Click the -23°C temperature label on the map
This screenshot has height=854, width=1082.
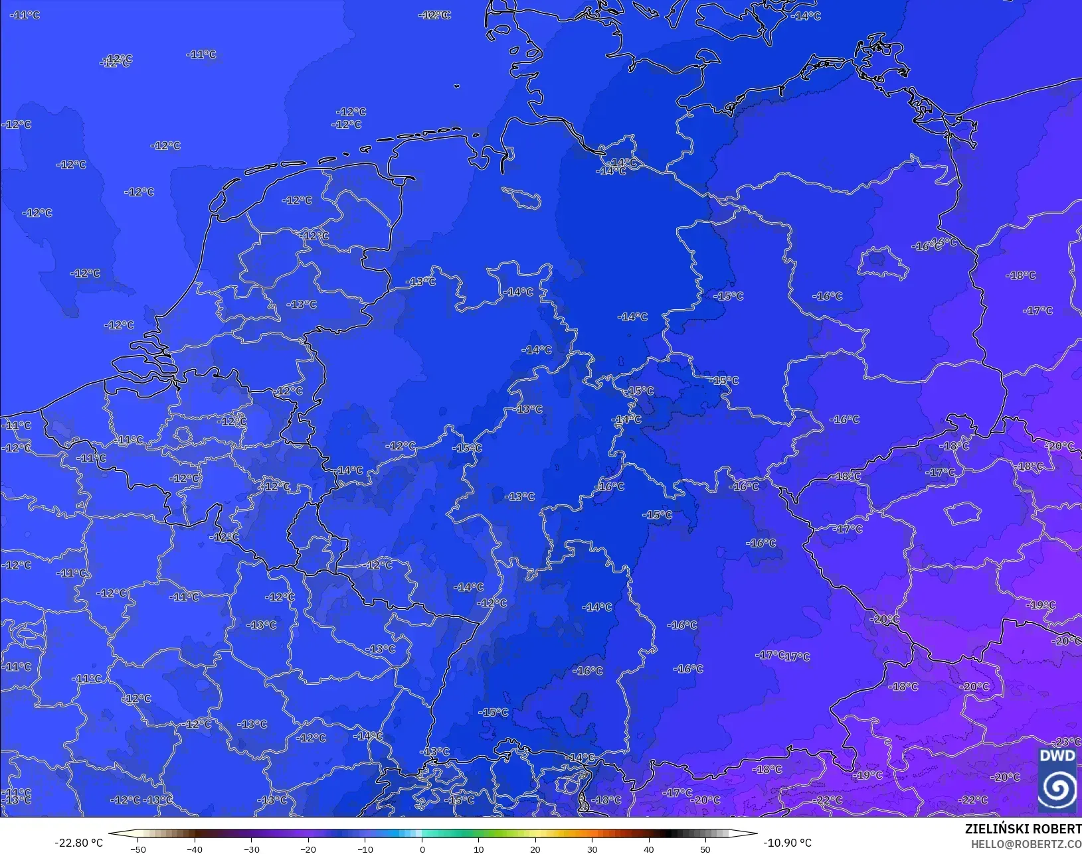tap(1067, 742)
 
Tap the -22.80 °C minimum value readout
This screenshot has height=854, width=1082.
tap(78, 843)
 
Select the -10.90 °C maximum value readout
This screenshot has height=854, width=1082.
tap(787, 843)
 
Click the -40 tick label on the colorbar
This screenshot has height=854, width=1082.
tap(195, 849)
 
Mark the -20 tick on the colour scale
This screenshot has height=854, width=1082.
tap(308, 849)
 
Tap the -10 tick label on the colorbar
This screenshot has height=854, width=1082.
tap(365, 849)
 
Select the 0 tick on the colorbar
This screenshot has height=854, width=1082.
tap(422, 849)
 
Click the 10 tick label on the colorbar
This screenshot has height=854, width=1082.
tap(478, 849)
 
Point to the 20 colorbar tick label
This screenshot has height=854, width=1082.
tap(535, 849)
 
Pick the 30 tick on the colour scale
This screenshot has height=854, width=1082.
tap(592, 849)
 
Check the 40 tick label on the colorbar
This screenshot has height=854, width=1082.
tap(649, 849)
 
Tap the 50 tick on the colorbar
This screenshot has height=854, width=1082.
tap(705, 849)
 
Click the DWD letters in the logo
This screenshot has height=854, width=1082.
tap(1057, 756)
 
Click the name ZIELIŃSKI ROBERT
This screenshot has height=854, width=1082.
tap(1023, 829)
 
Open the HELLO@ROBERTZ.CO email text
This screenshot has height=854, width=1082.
tap(1026, 844)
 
